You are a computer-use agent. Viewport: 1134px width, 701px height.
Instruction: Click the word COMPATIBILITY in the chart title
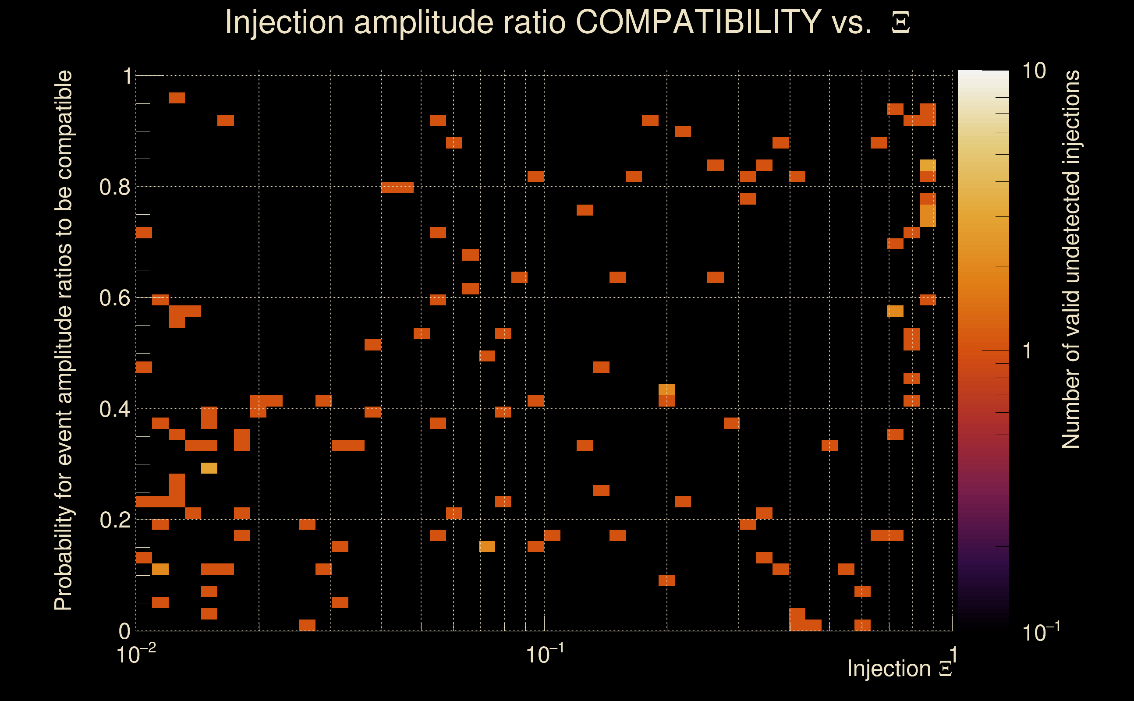[698, 22]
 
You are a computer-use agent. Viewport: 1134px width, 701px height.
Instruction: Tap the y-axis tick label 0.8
[114, 188]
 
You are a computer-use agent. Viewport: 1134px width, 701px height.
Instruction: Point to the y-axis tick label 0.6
[114, 298]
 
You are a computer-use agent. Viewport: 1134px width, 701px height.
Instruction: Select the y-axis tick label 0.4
[114, 409]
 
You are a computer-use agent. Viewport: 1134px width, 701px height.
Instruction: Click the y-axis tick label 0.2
[114, 520]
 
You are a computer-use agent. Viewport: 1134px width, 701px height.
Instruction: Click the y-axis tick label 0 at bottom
[125, 631]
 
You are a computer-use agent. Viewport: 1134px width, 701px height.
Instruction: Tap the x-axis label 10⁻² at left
[135, 654]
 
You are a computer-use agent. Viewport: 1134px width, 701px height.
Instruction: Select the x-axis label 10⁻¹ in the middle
[544, 654]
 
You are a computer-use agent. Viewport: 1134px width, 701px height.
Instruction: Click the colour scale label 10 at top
[1033, 71]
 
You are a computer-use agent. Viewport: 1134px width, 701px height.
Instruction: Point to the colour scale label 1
[1028, 351]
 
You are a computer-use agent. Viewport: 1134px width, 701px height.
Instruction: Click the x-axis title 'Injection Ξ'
[900, 669]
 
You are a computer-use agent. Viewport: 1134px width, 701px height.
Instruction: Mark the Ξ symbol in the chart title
[900, 22]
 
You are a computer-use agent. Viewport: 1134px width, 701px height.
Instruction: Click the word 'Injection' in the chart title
[284, 22]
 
